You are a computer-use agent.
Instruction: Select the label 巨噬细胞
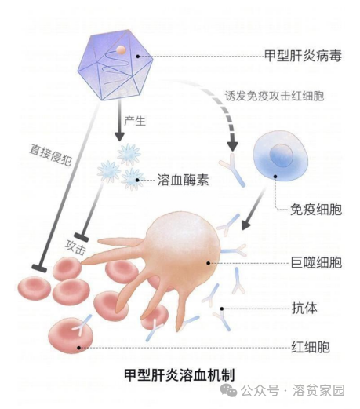point(315,263)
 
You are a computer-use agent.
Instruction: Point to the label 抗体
point(302,307)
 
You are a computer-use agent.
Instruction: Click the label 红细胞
point(308,346)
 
